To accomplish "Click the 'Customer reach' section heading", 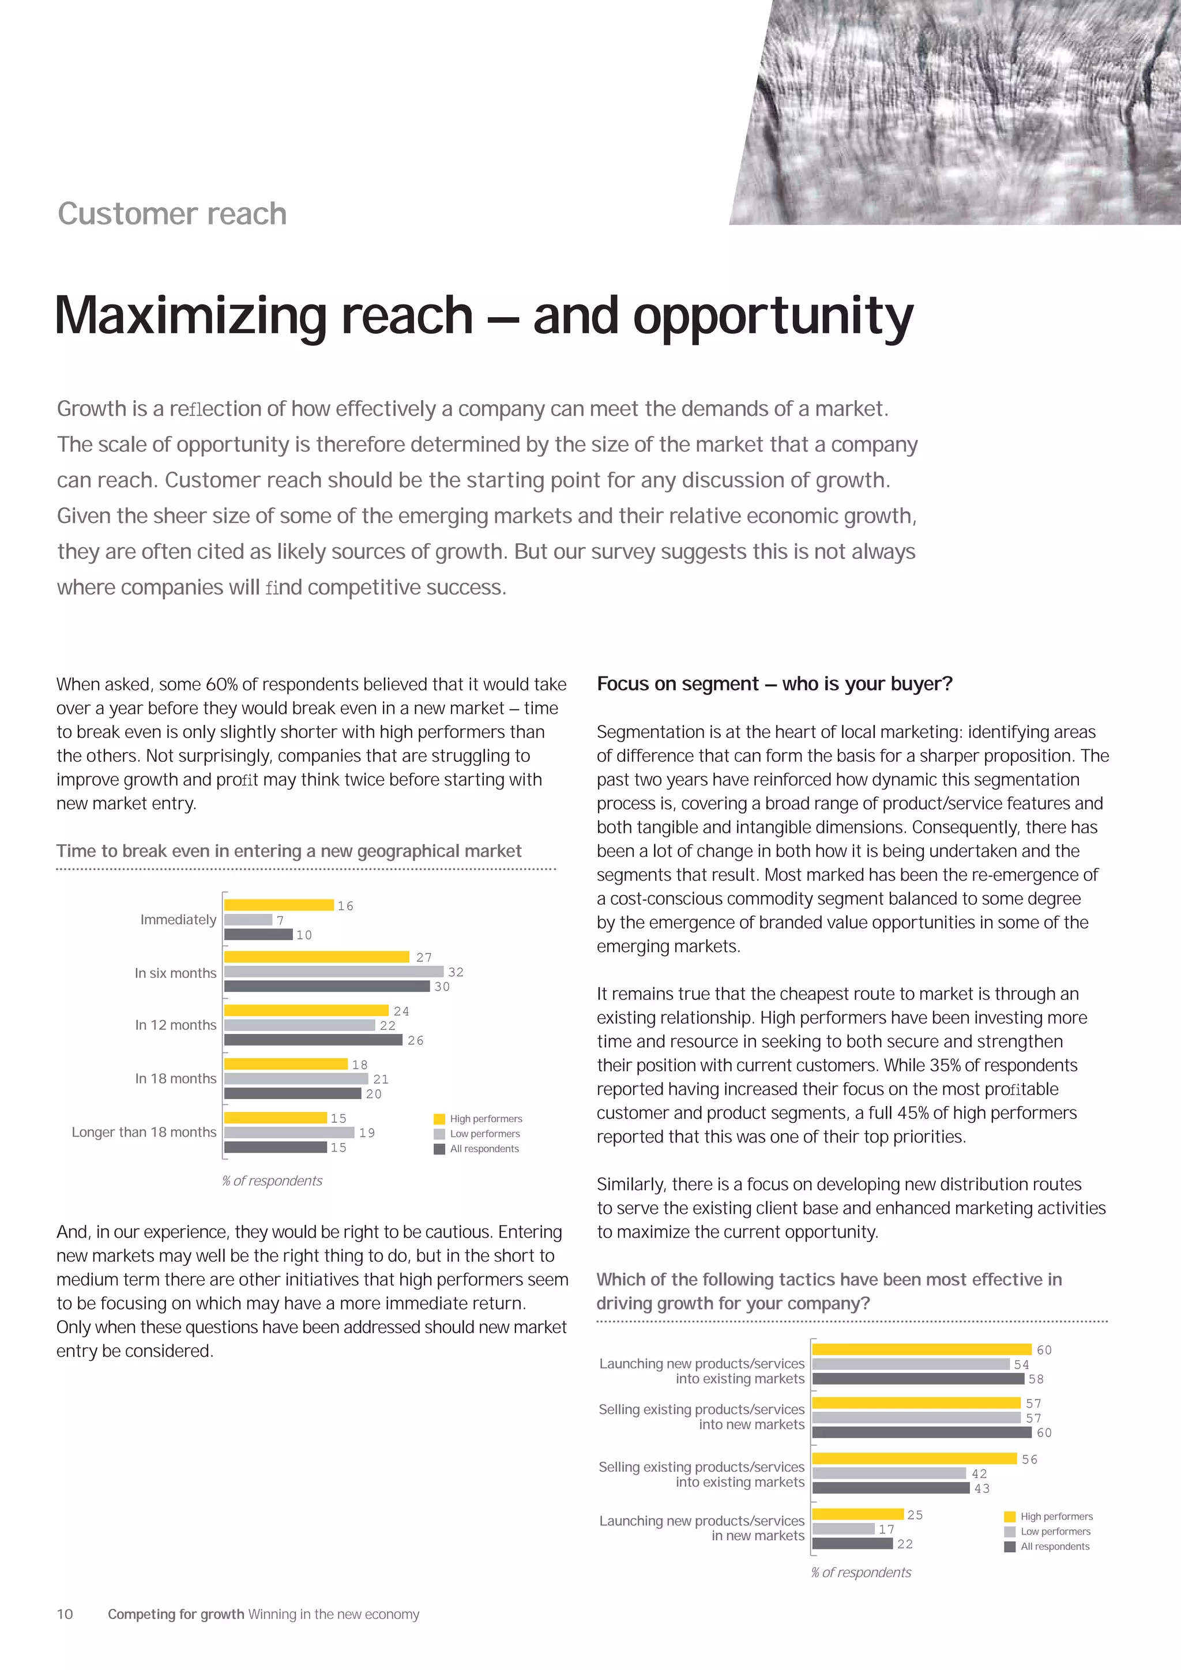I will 172,214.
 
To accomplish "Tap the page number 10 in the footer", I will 65,1614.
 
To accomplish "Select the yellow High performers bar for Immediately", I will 279,905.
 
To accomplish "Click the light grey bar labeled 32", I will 333,971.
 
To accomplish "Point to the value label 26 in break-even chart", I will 415,1040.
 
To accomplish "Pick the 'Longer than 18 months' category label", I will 144,1132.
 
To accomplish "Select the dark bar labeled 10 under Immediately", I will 258,935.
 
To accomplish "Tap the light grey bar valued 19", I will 289,1133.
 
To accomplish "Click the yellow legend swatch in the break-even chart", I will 439,1119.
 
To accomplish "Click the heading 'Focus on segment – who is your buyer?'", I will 774,684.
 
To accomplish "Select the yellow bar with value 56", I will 914,1458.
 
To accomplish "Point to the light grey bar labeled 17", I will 843,1529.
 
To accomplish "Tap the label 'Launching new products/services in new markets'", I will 702,1528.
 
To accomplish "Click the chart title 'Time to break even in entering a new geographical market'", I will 289,851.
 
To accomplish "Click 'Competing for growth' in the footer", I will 176,1614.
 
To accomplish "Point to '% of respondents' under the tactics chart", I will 860,1572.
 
